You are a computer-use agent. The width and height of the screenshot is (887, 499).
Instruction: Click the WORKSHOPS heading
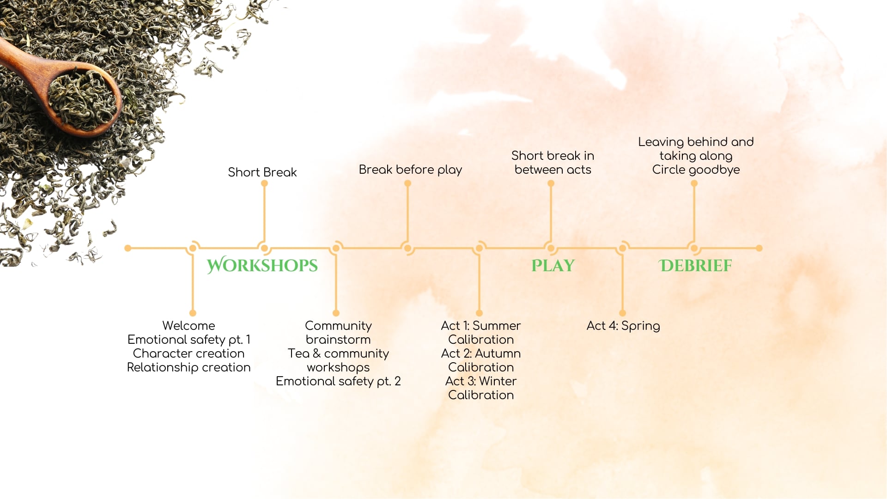point(262,265)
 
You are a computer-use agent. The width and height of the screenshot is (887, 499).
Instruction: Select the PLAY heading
point(553,266)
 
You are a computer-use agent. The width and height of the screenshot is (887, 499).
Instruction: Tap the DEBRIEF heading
point(695,266)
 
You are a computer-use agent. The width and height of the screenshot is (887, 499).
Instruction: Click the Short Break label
point(262,172)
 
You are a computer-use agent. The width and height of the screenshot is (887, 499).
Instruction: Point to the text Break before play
point(410,170)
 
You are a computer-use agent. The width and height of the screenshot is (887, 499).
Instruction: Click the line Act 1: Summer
point(481,326)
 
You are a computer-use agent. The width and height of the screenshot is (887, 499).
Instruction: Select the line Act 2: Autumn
point(481,353)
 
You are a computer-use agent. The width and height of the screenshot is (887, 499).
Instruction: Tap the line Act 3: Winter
point(481,381)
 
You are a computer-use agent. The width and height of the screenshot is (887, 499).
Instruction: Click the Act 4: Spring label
point(623,326)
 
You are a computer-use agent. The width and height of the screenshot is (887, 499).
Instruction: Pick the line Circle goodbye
point(696,170)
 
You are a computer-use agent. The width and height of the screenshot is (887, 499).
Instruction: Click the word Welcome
point(188,326)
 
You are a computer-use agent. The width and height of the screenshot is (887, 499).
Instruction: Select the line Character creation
point(188,353)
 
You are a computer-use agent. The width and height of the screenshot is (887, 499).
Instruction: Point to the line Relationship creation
point(188,368)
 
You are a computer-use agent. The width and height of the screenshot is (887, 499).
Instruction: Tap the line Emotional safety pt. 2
point(338,382)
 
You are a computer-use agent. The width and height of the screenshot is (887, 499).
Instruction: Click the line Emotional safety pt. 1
point(188,340)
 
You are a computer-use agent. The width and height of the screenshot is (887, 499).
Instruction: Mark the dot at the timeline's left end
point(128,248)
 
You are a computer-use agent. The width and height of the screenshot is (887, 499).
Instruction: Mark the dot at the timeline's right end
point(759,248)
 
